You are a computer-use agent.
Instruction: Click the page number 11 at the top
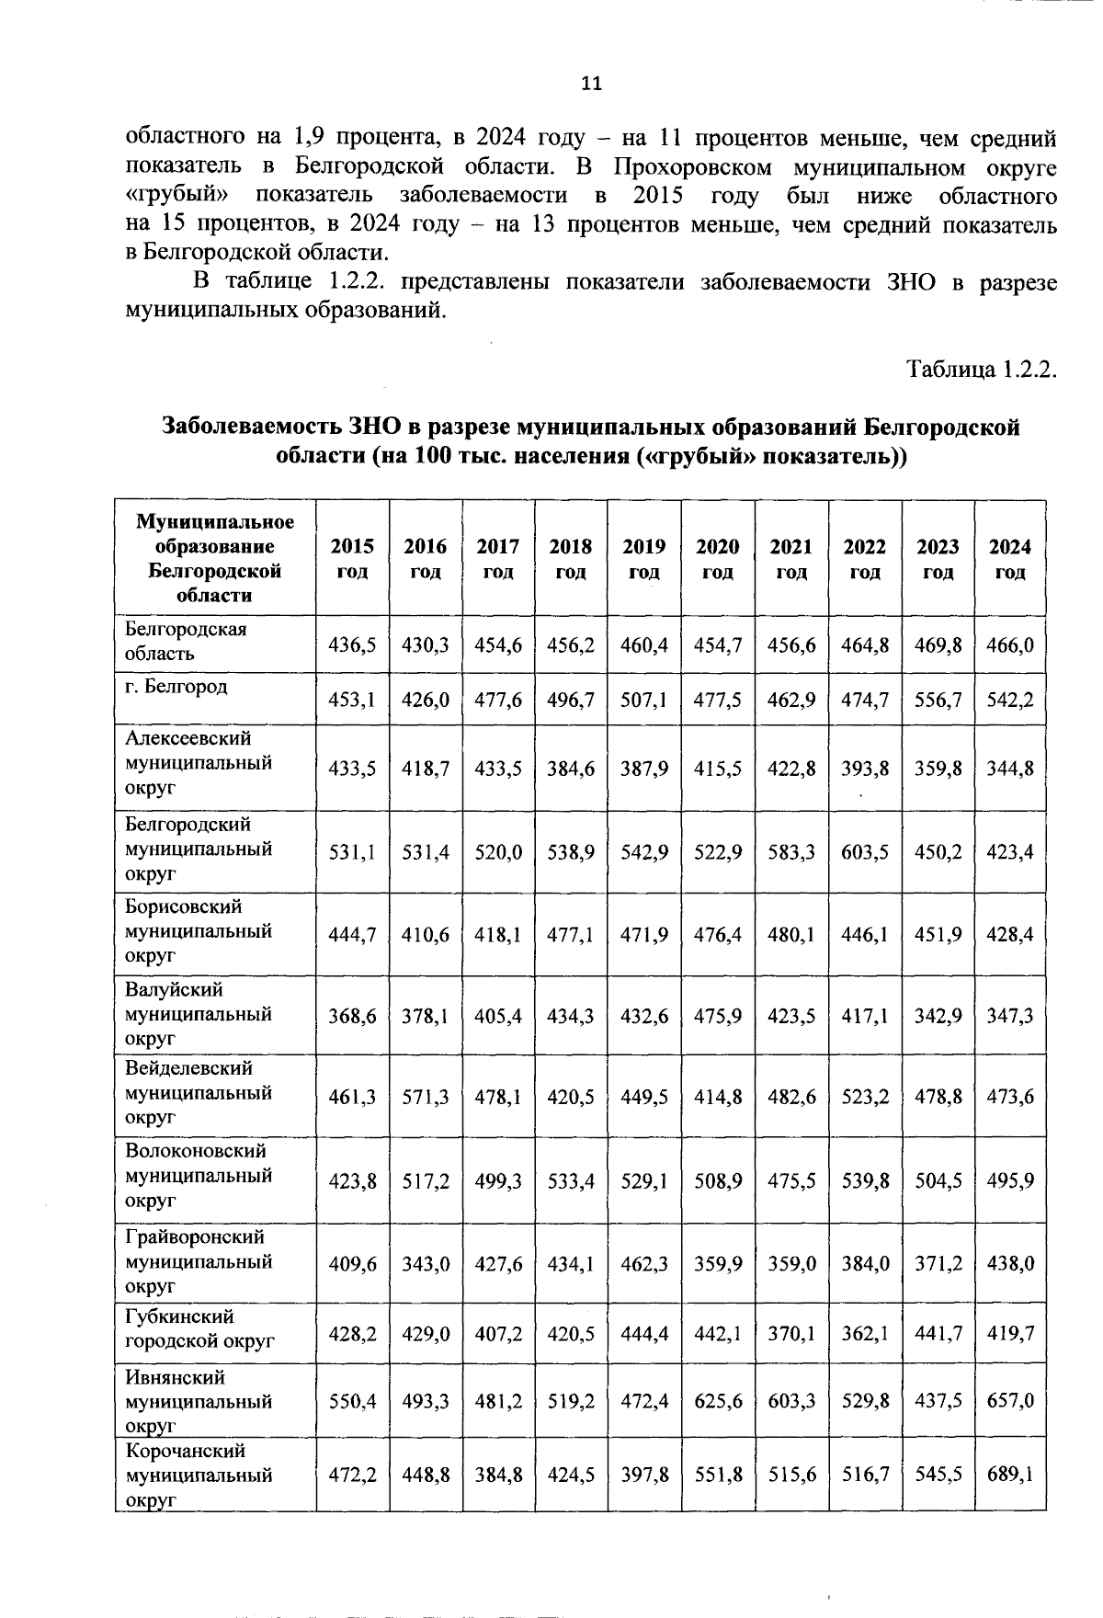(x=592, y=84)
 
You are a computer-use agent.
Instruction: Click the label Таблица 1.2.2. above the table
(x=982, y=370)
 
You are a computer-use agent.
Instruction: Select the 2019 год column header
(x=643, y=558)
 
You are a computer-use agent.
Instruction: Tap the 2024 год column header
(x=1009, y=558)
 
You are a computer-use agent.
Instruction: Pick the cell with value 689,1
(x=1009, y=1474)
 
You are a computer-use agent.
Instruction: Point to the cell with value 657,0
(x=1009, y=1400)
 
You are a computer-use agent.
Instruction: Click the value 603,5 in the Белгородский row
(x=865, y=852)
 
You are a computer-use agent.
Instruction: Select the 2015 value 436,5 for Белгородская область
(x=352, y=644)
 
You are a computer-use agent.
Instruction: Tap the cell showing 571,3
(x=426, y=1097)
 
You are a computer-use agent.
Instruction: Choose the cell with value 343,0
(x=426, y=1263)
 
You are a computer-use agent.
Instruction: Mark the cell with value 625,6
(x=717, y=1400)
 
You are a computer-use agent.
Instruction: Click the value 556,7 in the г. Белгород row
(x=938, y=700)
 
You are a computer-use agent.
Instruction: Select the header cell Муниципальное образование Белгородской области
(x=215, y=558)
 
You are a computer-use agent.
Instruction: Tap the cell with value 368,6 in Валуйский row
(x=352, y=1016)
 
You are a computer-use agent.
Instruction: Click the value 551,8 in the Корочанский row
(x=717, y=1474)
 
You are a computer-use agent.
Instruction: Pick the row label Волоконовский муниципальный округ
(x=198, y=1176)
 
